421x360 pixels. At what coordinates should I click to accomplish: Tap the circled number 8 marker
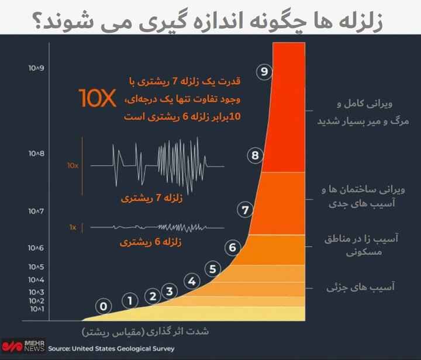(x=254, y=155)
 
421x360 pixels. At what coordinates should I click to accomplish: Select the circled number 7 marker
(x=246, y=209)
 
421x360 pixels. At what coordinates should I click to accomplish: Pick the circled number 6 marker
(x=232, y=247)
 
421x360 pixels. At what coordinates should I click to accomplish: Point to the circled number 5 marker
(x=213, y=269)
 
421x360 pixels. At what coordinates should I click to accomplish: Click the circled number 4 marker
(x=191, y=281)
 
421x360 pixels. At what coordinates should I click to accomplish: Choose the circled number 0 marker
(x=103, y=305)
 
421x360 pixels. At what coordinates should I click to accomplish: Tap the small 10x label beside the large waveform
(x=73, y=165)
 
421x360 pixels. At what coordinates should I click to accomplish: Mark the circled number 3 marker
(x=170, y=290)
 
